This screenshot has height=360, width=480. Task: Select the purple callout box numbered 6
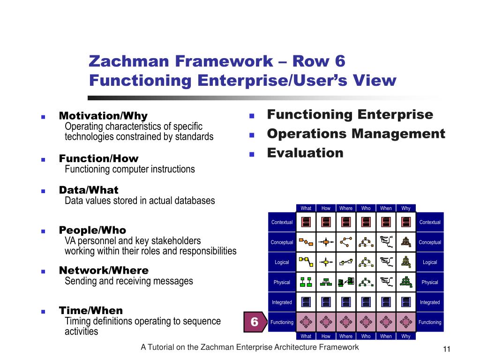pyautogui.click(x=255, y=322)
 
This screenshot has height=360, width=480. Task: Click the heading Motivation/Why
pyautogui.click(x=103, y=116)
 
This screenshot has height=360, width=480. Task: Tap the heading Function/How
pyautogui.click(x=98, y=158)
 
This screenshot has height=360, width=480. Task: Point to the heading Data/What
pyautogui.click(x=89, y=190)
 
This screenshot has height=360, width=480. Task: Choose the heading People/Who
pyautogui.click(x=92, y=230)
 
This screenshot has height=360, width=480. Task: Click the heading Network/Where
pyautogui.click(x=104, y=270)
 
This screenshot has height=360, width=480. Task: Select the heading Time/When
pyautogui.click(x=91, y=310)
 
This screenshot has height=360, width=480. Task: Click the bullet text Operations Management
pyautogui.click(x=356, y=134)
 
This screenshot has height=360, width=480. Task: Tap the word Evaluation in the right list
pyautogui.click(x=305, y=153)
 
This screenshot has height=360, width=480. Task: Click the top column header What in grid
pyautogui.click(x=306, y=208)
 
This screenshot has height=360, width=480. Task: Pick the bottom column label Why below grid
pyautogui.click(x=406, y=336)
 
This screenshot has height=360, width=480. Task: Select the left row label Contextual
pyautogui.click(x=282, y=222)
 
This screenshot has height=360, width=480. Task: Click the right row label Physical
pyautogui.click(x=429, y=282)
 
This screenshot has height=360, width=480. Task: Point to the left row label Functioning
pyautogui.click(x=282, y=322)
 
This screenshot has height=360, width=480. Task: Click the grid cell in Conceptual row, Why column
pyautogui.click(x=406, y=242)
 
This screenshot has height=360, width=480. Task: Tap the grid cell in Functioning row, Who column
pyautogui.click(x=366, y=322)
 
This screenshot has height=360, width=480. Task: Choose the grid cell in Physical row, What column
pyautogui.click(x=306, y=282)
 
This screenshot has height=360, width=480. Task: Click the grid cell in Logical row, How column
pyautogui.click(x=326, y=262)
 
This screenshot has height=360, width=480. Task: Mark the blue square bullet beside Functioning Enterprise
pyautogui.click(x=251, y=116)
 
